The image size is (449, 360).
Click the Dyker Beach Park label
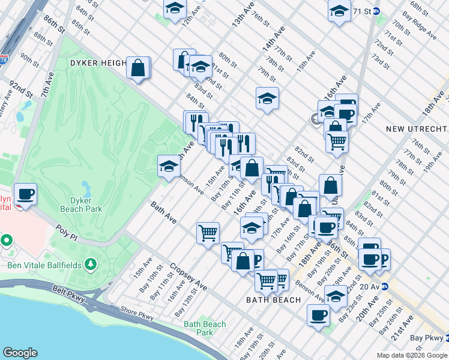pyautogui.click(x=81, y=205)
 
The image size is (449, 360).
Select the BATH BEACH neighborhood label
pyautogui.click(x=274, y=299)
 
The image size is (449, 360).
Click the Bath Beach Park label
pyautogui.click(x=205, y=328)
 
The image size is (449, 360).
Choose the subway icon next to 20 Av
pyautogui.click(x=385, y=287)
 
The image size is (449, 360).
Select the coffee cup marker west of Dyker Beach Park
pyautogui.click(x=25, y=194)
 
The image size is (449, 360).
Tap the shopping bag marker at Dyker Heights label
pyautogui.click(x=138, y=68)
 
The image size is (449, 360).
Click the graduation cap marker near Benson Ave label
pyautogui.click(x=169, y=166)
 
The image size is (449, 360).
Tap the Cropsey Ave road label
pyautogui.click(x=188, y=277)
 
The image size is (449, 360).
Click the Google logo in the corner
pyautogui.click(x=20, y=353)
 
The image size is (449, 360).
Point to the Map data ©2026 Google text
pyautogui.click(x=412, y=355)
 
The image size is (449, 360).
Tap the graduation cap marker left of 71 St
pyautogui.click(x=339, y=12)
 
